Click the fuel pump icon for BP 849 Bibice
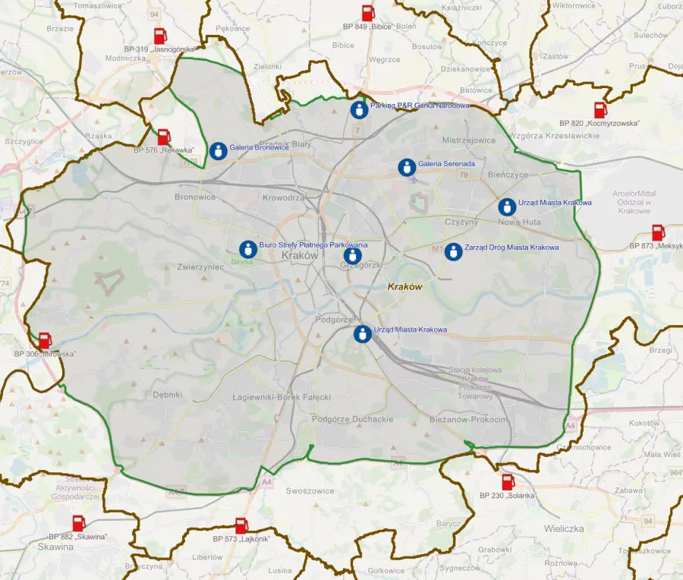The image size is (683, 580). (x=368, y=13)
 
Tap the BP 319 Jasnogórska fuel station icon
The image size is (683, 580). (x=160, y=36)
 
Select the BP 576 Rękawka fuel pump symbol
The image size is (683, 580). (x=164, y=137)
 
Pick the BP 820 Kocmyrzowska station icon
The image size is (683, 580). (x=600, y=110)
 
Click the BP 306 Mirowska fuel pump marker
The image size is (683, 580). (x=45, y=341)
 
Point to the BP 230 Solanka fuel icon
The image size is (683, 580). (x=508, y=482)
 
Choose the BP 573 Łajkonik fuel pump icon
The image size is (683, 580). (x=241, y=525)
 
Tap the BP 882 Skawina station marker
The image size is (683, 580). (x=78, y=523)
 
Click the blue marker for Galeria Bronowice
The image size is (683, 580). (x=219, y=151)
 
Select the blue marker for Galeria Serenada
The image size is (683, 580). (x=407, y=167)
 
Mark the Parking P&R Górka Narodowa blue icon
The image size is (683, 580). (x=359, y=109)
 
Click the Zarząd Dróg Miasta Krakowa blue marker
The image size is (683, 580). (x=453, y=251)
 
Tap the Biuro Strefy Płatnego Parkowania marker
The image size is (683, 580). (x=247, y=249)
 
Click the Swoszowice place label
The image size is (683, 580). (x=310, y=491)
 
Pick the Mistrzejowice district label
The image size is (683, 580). (x=469, y=140)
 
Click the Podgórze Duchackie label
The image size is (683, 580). (x=352, y=419)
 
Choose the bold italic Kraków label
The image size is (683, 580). (x=404, y=287)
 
